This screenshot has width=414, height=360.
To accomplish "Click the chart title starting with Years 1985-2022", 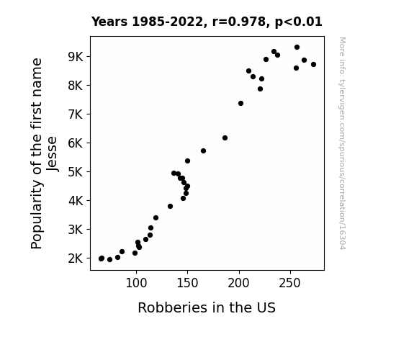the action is (207, 22).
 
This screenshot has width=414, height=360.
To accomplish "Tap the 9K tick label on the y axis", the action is (76, 57).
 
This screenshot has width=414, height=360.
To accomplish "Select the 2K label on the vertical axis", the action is (76, 258).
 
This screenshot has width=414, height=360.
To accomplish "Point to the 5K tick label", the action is (76, 172).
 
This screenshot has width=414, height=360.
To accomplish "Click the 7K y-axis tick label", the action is (76, 114).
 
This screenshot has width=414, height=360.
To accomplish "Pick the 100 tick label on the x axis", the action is (136, 283).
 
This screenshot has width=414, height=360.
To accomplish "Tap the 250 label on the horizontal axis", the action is (290, 283).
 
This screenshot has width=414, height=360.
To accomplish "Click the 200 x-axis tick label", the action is (239, 283).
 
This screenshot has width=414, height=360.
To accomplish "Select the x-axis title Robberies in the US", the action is (207, 307).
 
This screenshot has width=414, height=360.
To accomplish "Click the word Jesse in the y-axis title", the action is (52, 153).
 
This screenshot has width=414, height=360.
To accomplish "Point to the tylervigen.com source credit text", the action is (342, 143).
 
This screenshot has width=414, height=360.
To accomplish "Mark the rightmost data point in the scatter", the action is (313, 65).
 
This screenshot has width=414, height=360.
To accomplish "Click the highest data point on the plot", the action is (297, 48).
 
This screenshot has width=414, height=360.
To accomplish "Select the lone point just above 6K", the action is (225, 138).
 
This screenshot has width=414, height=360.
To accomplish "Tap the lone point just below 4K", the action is (171, 207).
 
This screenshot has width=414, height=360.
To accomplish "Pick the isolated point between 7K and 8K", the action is (240, 103).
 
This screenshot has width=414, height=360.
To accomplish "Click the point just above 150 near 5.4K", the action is (187, 161).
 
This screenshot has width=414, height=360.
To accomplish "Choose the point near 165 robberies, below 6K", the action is (203, 150).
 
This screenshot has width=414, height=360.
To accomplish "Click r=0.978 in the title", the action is (239, 22).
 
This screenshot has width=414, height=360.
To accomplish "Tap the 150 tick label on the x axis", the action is (187, 283).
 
